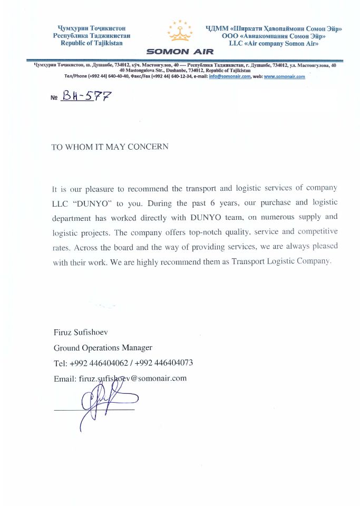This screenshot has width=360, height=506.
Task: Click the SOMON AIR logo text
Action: coord(180,52)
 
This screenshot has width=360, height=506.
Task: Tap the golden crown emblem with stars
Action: coord(180,32)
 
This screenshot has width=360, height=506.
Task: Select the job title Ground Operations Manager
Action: coord(103,347)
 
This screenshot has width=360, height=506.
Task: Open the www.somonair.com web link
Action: coord(284,76)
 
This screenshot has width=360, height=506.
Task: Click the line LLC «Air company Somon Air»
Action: coord(271,43)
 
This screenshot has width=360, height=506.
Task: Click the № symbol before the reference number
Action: coord(54,98)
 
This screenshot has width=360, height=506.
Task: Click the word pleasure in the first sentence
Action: coord(108,188)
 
